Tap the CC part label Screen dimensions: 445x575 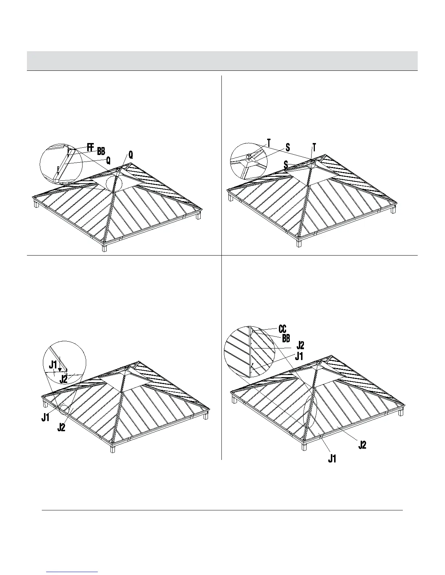(x=282, y=329)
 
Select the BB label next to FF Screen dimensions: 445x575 (x=101, y=151)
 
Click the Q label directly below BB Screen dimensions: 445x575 (x=108, y=160)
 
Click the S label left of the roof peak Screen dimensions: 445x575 (x=286, y=165)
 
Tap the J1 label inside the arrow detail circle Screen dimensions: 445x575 (x=53, y=364)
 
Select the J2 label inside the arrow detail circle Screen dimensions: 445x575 (x=63, y=379)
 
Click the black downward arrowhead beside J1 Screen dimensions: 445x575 (x=60, y=369)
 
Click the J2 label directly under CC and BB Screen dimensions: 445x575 (x=300, y=346)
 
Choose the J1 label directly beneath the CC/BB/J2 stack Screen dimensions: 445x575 (x=299, y=356)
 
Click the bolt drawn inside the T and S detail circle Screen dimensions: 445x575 (x=249, y=157)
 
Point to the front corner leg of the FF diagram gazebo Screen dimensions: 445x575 (x=105, y=249)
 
